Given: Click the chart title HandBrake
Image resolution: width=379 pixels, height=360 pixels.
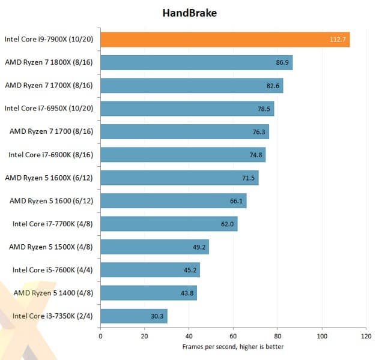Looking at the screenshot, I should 189,12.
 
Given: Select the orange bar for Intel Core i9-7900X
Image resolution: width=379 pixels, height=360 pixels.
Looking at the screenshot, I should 225,40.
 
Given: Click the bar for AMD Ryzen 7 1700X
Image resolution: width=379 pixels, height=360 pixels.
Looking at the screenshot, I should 192,86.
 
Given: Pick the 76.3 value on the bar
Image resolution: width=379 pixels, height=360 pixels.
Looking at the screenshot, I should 260,132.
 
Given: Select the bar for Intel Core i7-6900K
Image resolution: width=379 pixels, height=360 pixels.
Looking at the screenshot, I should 183,155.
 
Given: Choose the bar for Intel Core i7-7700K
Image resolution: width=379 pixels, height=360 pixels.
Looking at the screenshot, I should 169,224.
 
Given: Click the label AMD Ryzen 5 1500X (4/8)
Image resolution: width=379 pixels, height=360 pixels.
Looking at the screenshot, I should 52,247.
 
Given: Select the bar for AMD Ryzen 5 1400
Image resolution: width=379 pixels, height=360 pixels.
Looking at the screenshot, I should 148,293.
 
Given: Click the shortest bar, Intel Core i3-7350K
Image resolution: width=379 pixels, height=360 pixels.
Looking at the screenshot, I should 133,316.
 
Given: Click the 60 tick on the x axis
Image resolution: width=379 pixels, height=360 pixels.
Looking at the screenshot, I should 233,336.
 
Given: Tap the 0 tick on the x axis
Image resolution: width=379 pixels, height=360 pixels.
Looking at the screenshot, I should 100,336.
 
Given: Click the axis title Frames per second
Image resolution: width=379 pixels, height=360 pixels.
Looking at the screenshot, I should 232,347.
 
